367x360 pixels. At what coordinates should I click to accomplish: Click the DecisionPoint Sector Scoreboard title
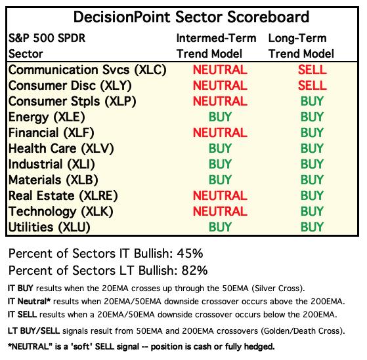(x=191, y=17)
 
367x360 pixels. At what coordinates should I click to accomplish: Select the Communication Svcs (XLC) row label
(x=87, y=70)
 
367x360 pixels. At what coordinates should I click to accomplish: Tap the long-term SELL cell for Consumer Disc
(x=313, y=85)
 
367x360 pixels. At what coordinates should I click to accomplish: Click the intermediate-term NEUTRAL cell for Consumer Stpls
(x=220, y=101)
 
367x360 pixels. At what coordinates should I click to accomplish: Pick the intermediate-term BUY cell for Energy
(x=220, y=117)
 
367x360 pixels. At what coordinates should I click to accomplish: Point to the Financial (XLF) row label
(x=51, y=132)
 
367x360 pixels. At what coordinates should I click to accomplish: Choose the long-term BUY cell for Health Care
(x=313, y=148)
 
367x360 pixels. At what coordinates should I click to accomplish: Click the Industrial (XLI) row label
(x=52, y=164)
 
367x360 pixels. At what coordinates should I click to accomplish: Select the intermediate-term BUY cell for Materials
(x=220, y=180)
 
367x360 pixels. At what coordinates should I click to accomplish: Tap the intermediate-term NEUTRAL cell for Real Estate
(x=220, y=195)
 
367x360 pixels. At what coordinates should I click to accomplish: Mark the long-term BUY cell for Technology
(x=313, y=211)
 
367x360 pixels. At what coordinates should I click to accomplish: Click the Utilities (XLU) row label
(x=49, y=228)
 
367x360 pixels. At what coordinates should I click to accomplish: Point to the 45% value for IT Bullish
(x=190, y=253)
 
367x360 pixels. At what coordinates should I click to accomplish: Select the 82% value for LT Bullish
(x=194, y=270)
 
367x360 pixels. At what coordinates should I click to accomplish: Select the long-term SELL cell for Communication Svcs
(x=313, y=70)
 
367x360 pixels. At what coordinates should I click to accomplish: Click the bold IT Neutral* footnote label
(x=30, y=302)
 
